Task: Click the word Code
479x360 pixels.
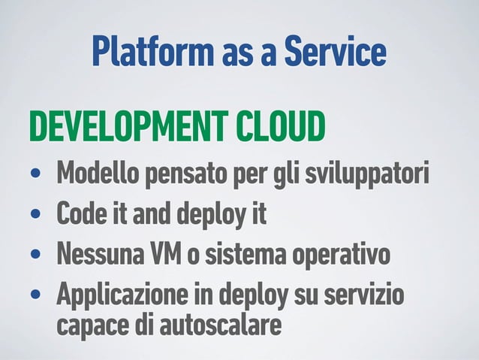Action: tap(80, 216)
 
